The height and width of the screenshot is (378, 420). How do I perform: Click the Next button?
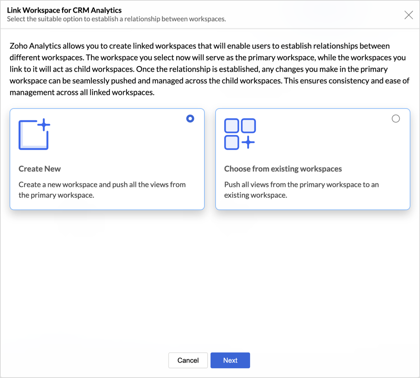click(230, 360)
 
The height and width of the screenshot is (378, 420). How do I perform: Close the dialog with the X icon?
click(408, 15)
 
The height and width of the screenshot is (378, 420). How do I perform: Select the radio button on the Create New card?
click(190, 119)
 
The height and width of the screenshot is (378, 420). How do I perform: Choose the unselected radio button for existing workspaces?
click(396, 119)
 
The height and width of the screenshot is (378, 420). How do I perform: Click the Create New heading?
click(39, 169)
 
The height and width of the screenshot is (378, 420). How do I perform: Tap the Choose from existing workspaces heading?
click(283, 169)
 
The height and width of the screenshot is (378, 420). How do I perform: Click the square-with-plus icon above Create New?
click(34, 134)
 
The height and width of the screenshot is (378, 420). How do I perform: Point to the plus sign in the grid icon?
click(248, 142)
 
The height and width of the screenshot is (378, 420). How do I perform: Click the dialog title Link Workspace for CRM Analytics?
click(64, 10)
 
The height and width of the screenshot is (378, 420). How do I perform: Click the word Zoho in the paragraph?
click(18, 46)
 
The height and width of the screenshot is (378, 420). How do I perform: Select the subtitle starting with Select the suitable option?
click(117, 19)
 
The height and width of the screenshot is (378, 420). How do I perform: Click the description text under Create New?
click(102, 190)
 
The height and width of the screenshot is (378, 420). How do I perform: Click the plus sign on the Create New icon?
click(44, 125)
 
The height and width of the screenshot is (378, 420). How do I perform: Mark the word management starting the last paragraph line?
click(32, 92)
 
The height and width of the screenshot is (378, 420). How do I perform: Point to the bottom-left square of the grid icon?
click(232, 143)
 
